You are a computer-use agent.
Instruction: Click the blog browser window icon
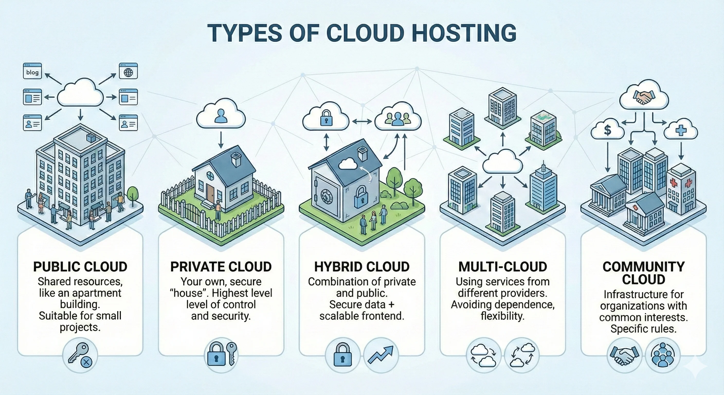[x=32, y=71]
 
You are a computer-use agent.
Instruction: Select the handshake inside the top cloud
[x=644, y=97]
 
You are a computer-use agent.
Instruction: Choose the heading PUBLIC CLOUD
[x=80, y=267]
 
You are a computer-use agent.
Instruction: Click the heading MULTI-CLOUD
[x=503, y=267]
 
